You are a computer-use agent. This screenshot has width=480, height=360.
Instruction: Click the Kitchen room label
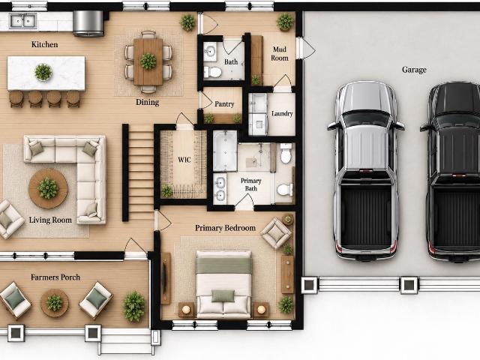(x=44, y=44)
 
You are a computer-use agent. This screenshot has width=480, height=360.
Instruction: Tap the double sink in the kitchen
(x=23, y=21)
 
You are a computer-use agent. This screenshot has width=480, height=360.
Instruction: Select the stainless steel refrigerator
(x=88, y=23)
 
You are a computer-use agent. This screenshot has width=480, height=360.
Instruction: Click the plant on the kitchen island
(x=43, y=72)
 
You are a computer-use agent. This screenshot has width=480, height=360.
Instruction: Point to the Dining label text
(x=148, y=102)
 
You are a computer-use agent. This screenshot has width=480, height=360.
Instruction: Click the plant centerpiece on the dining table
(x=148, y=61)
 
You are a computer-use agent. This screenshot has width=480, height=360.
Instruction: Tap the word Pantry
(x=224, y=104)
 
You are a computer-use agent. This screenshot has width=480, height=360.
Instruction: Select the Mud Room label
(x=280, y=53)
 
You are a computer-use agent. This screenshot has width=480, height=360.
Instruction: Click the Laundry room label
(x=282, y=113)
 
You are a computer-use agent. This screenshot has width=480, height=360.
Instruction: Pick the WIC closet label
(x=184, y=160)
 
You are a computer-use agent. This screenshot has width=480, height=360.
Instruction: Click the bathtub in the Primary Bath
(x=225, y=151)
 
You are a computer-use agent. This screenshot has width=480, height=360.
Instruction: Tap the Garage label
(x=414, y=70)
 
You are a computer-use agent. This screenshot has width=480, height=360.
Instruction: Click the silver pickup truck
(x=366, y=170)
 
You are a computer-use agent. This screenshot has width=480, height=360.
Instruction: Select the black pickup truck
(x=451, y=172)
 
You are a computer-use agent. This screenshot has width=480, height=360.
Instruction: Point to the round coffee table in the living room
(x=48, y=188)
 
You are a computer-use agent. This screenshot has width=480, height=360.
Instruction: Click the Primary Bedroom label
(x=225, y=228)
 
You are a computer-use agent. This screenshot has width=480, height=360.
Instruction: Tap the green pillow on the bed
(x=223, y=296)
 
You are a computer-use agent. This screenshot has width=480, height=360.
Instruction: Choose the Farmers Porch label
(x=55, y=277)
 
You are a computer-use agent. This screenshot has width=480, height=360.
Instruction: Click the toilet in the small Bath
(x=212, y=72)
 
